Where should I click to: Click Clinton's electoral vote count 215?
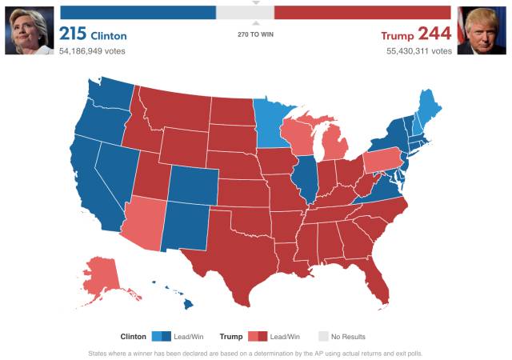coord(73,34)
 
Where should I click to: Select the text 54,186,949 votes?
coord(92,51)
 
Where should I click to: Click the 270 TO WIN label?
coord(256,34)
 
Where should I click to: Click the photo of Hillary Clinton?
coord(28,29)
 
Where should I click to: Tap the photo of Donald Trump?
coord(483,29)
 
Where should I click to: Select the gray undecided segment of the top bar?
coord(245,13)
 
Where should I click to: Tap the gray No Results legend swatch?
coord(323,337)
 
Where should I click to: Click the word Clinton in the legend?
coord(133,337)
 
